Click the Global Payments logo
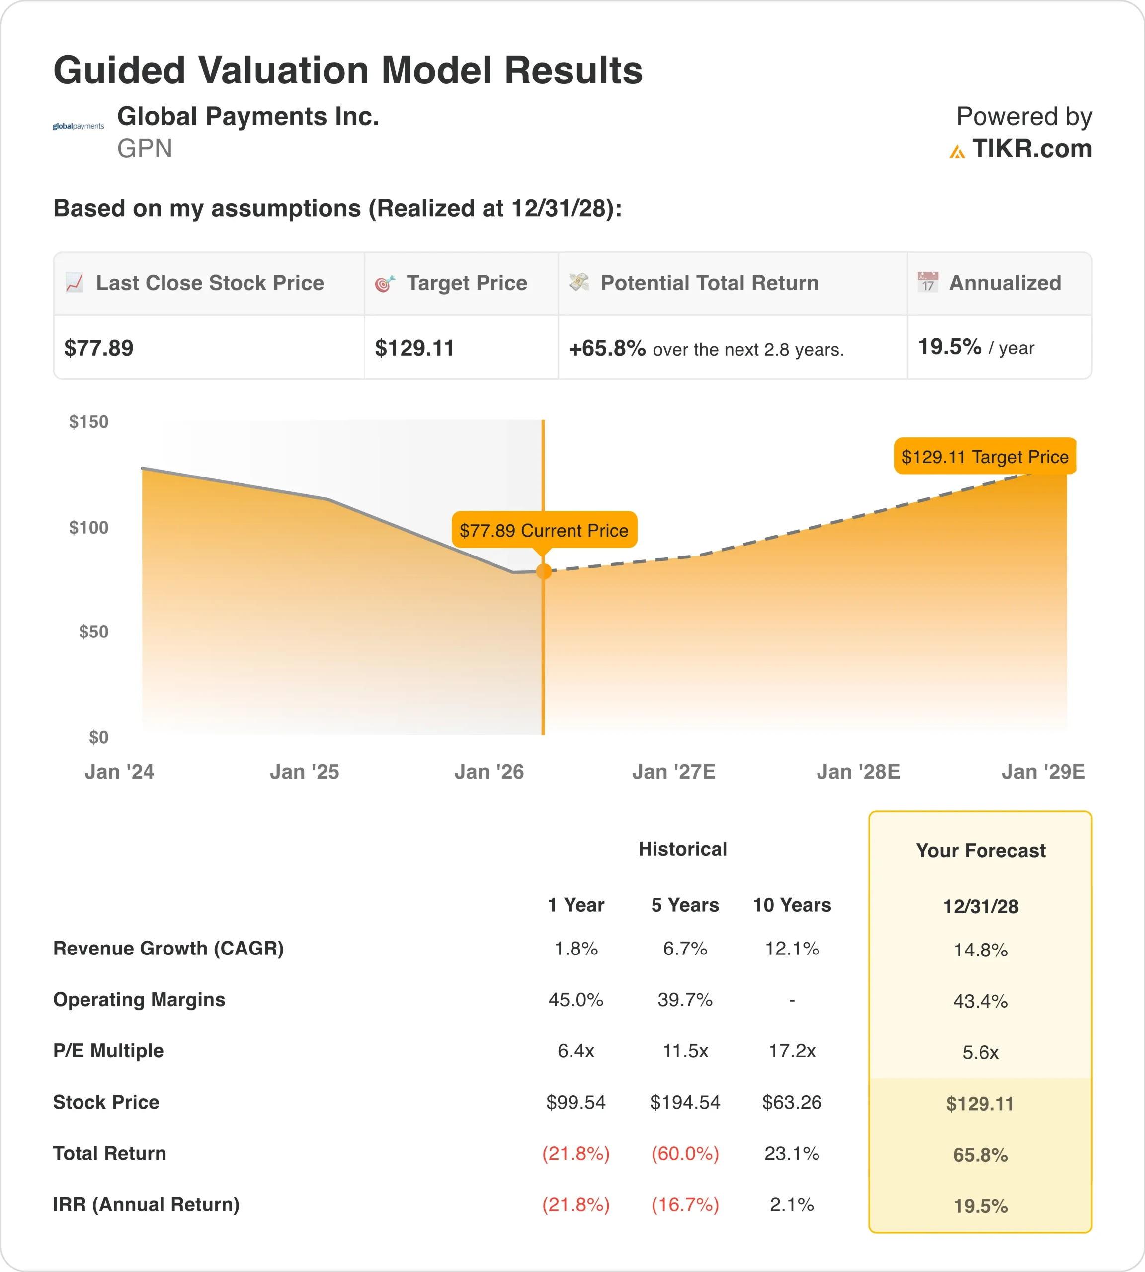click(78, 126)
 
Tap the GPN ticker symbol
click(145, 149)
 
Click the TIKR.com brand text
click(1031, 149)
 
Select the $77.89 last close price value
click(99, 348)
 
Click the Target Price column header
click(466, 283)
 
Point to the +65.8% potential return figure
click(607, 348)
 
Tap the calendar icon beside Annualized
click(927, 282)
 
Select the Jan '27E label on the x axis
click(673, 771)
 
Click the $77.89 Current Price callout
click(544, 530)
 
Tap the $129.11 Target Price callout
click(984, 456)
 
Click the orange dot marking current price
click(544, 571)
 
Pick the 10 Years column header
click(792, 905)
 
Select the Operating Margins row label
click(139, 1000)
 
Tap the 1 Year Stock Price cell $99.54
click(575, 1102)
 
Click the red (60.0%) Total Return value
click(685, 1153)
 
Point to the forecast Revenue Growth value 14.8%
click(980, 950)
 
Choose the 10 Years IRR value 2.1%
click(792, 1205)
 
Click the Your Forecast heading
click(980, 851)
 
